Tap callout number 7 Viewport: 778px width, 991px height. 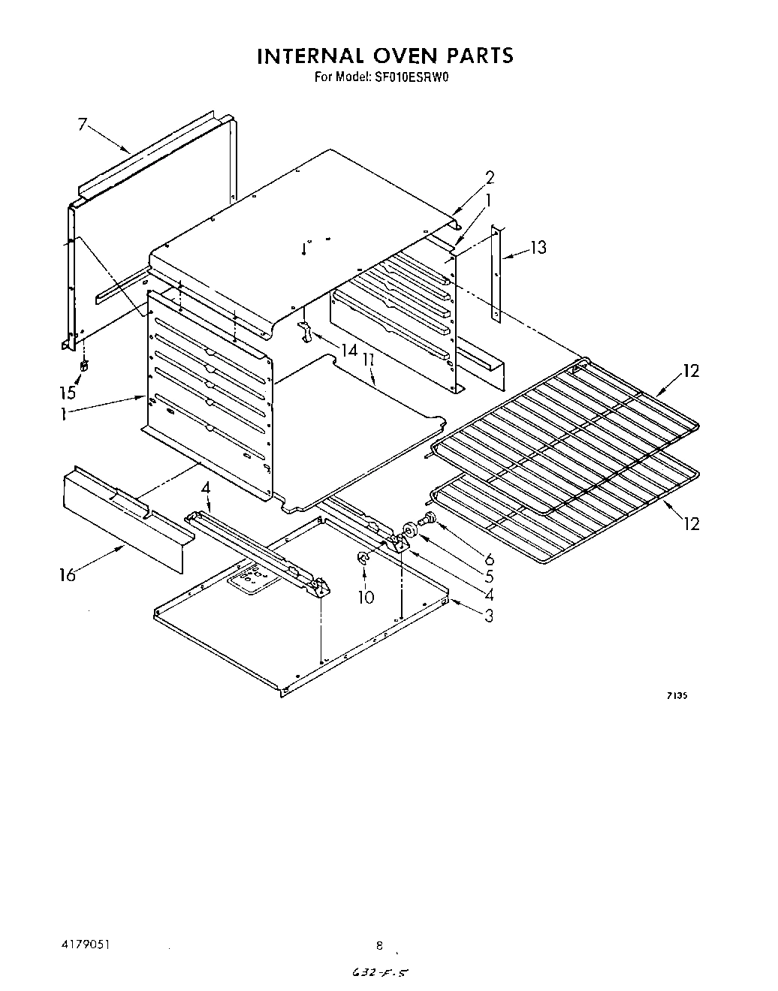coord(83,125)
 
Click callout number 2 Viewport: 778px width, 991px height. coord(490,178)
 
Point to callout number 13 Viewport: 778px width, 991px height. coord(538,247)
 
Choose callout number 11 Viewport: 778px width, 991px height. coord(368,362)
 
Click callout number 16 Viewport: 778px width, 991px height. coord(67,576)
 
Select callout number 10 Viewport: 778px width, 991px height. coord(366,598)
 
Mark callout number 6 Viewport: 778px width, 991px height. coord(489,559)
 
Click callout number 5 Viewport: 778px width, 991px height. coord(489,577)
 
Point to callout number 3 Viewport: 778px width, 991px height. coord(489,616)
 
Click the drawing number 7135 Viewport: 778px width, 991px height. coord(676,696)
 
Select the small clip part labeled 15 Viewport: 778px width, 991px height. coord(84,367)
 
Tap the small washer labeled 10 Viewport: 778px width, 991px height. coord(362,558)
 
